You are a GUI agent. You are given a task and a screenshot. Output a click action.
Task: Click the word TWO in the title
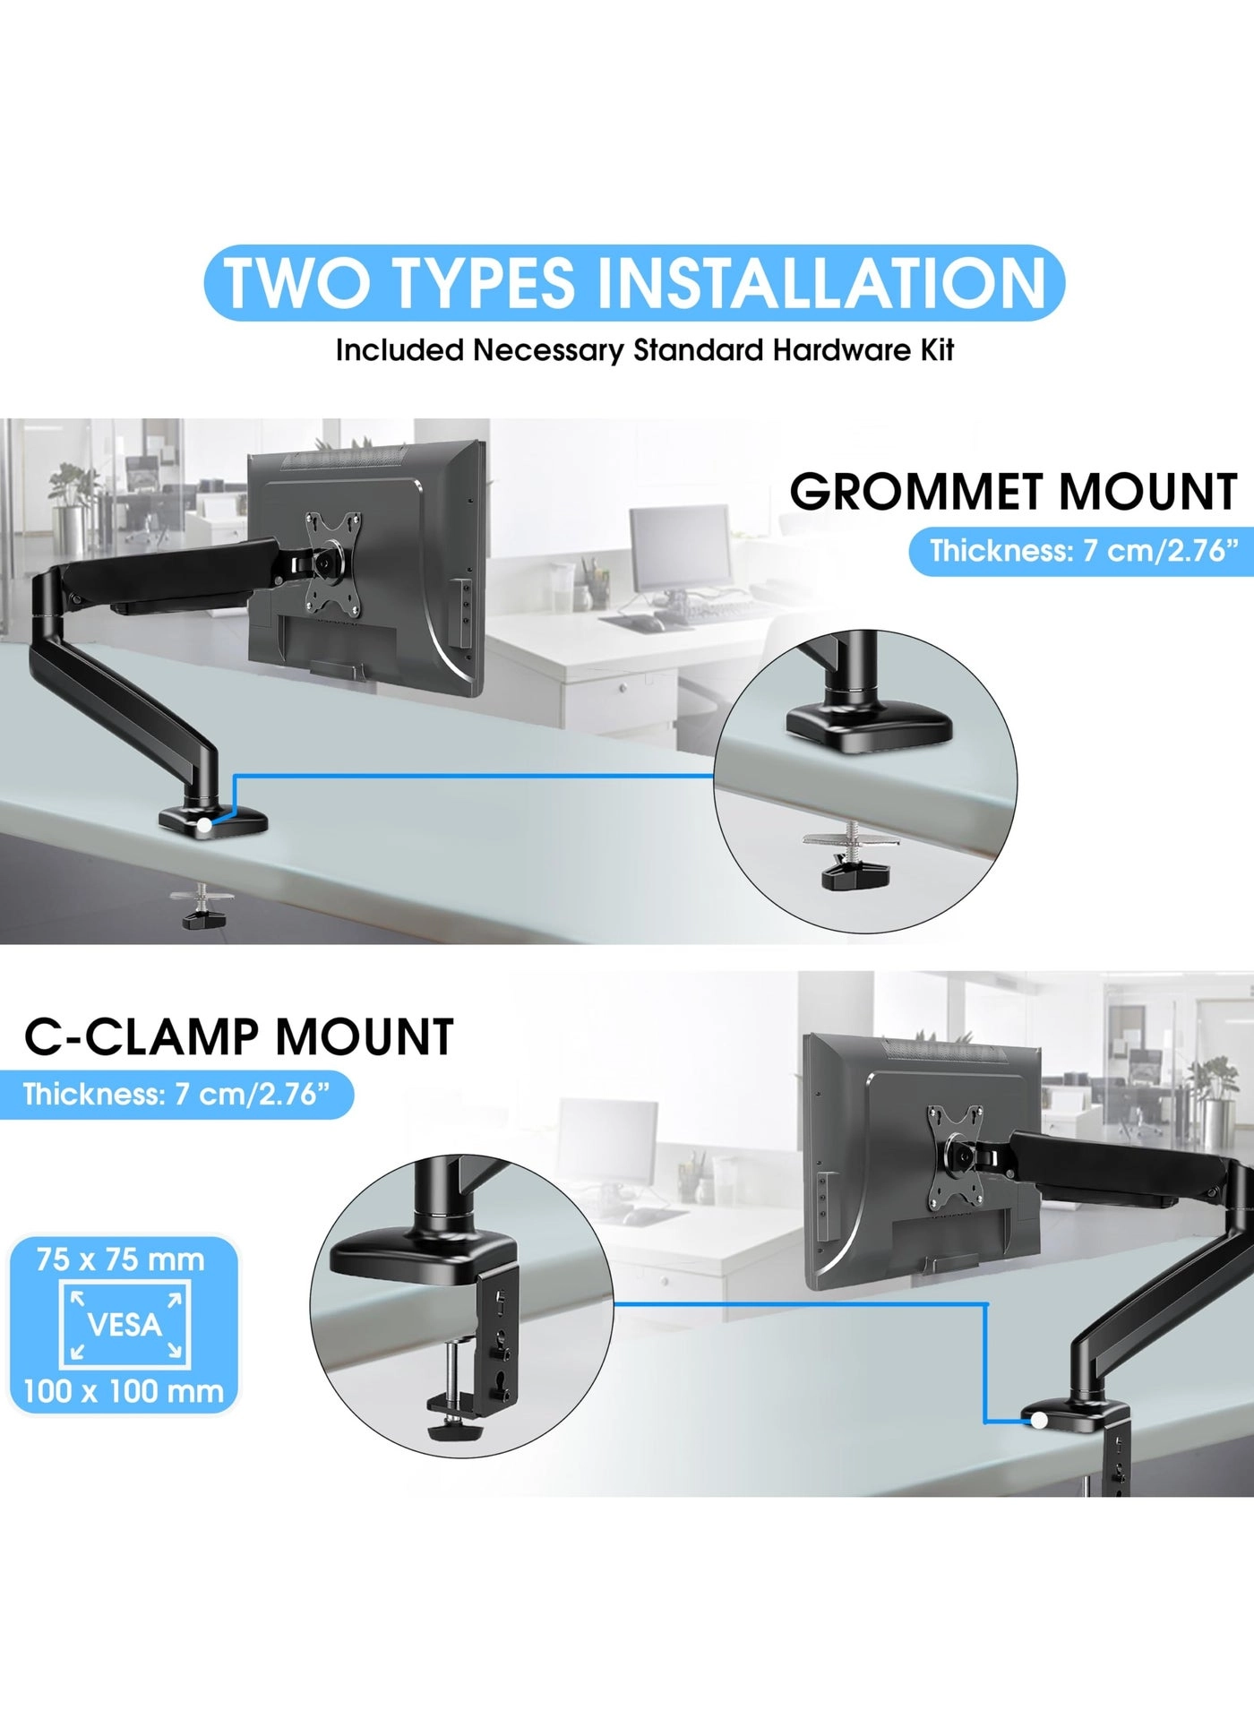click(296, 283)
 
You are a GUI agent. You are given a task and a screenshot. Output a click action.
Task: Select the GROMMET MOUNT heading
click(1012, 493)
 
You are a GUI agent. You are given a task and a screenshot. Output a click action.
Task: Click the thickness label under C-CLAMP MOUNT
click(176, 1095)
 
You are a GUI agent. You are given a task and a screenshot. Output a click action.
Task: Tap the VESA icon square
click(125, 1325)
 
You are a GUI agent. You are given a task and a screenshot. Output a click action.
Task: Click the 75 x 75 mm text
click(121, 1260)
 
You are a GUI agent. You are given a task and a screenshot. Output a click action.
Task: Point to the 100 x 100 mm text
click(124, 1391)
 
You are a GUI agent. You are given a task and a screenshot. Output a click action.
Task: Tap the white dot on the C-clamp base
click(1039, 1421)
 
